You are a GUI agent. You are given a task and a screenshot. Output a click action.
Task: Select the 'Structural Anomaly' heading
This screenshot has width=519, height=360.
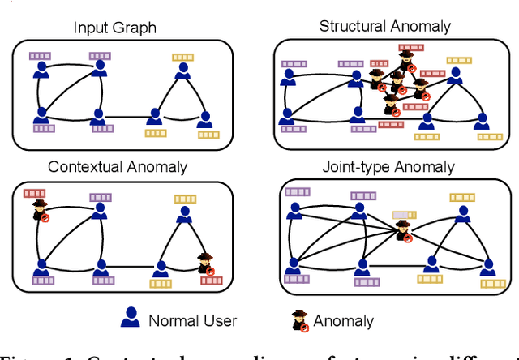click(384, 25)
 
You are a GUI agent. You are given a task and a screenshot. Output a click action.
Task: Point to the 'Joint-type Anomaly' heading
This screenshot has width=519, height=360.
click(387, 168)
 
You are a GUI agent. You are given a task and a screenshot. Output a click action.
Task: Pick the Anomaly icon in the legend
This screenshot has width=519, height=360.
click(299, 319)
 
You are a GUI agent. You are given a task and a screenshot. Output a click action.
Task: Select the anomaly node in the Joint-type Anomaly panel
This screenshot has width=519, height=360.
click(402, 231)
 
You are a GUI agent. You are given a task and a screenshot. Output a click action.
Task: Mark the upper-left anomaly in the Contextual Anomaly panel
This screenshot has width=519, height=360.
click(40, 212)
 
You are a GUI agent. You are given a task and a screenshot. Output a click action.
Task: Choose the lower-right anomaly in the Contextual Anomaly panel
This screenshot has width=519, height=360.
click(208, 264)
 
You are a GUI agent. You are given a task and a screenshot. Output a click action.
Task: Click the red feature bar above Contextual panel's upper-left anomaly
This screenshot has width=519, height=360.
click(36, 193)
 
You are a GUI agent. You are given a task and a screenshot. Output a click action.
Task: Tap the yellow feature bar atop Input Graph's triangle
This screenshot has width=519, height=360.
click(182, 57)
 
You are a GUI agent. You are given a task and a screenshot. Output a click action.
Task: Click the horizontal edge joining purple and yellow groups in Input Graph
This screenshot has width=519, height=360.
click(127, 118)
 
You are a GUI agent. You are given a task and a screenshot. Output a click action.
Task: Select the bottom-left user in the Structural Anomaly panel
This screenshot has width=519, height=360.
click(285, 122)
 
